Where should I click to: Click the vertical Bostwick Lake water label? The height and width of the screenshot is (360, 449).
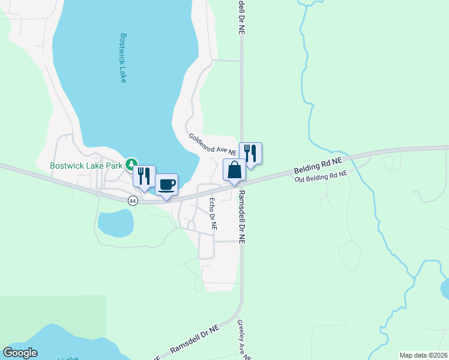click(122, 58)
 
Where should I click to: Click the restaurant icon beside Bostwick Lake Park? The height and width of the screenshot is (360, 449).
click(144, 176)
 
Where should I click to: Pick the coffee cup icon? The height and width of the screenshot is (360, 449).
click(167, 184)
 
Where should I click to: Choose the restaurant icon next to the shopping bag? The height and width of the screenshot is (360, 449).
click(250, 153)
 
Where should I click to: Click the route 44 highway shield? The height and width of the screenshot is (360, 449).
click(133, 201)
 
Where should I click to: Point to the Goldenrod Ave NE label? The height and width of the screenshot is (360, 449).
click(212, 145)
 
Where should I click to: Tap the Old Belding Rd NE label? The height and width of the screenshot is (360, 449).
click(321, 176)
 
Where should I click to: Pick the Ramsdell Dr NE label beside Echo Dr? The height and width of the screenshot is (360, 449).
click(242, 217)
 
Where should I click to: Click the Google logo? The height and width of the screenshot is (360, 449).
click(20, 352)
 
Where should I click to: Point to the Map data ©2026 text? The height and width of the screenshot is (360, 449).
click(423, 355)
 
